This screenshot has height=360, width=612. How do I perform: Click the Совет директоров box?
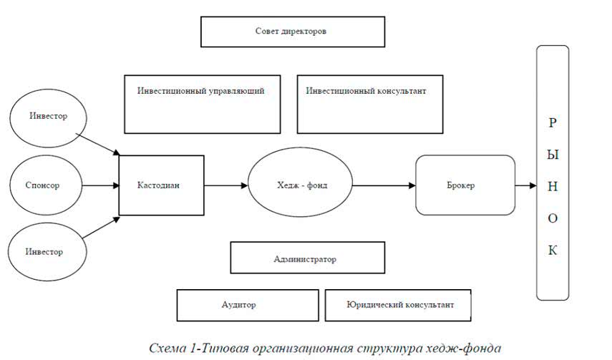tap(292, 31)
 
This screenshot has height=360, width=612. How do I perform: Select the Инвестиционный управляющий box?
tap(202, 103)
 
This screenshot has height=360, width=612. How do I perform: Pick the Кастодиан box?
tap(160, 185)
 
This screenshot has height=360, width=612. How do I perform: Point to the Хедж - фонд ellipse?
tap(299, 185)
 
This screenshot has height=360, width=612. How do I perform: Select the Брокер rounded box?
tap(465, 185)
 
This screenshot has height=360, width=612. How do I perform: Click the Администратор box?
tap(307, 258)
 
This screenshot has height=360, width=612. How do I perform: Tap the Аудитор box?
tap(248, 305)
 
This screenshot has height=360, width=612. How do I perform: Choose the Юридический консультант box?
tap(399, 305)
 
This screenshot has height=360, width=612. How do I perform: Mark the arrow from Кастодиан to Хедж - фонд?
tap(225, 185)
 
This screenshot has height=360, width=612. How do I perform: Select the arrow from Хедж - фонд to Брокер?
tap(383, 185)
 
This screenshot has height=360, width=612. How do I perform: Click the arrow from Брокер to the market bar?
tap(526, 185)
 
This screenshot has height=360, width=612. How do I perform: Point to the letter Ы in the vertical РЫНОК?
tap(552, 154)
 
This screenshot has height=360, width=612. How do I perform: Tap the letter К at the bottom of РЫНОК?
tap(552, 250)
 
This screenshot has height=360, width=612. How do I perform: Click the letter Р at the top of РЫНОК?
tap(552, 122)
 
